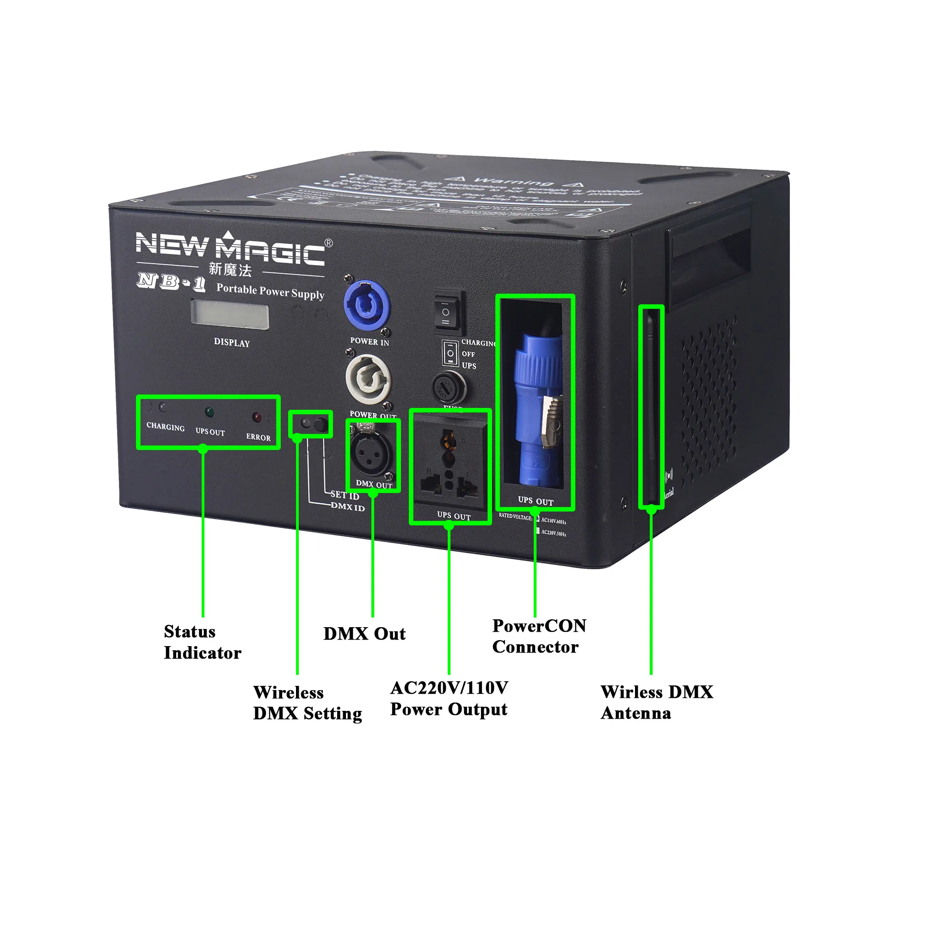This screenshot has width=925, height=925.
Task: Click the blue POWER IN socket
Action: pyautogui.click(x=367, y=305)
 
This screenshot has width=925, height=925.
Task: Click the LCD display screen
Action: pyautogui.click(x=230, y=314)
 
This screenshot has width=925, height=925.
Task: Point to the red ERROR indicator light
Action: pyautogui.click(x=257, y=417)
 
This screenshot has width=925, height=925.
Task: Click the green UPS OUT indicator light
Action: pyautogui.click(x=209, y=412)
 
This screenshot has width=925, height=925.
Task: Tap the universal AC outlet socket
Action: pyautogui.click(x=449, y=463)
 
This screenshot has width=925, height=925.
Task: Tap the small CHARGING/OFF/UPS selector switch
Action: pyautogui.click(x=450, y=353)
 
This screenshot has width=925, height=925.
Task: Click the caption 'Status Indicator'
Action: pyautogui.click(x=202, y=642)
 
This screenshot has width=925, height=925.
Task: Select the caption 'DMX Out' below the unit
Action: pyautogui.click(x=364, y=634)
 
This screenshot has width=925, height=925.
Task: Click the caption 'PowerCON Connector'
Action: pyautogui.click(x=539, y=636)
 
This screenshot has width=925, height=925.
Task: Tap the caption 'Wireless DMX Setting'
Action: pyautogui.click(x=308, y=703)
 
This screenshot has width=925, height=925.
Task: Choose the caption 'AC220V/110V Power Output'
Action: pyautogui.click(x=449, y=698)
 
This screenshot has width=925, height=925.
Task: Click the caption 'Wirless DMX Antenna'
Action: pyautogui.click(x=657, y=703)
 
